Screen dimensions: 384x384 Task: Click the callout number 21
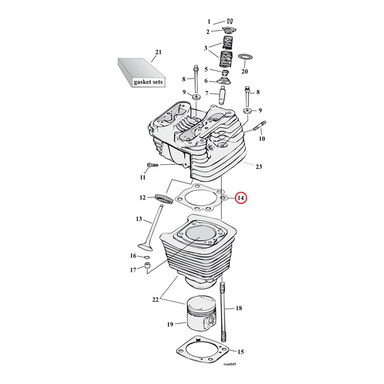[157, 53]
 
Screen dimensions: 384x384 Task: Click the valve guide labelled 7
[224, 93]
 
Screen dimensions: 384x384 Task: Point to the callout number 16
[133, 256]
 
